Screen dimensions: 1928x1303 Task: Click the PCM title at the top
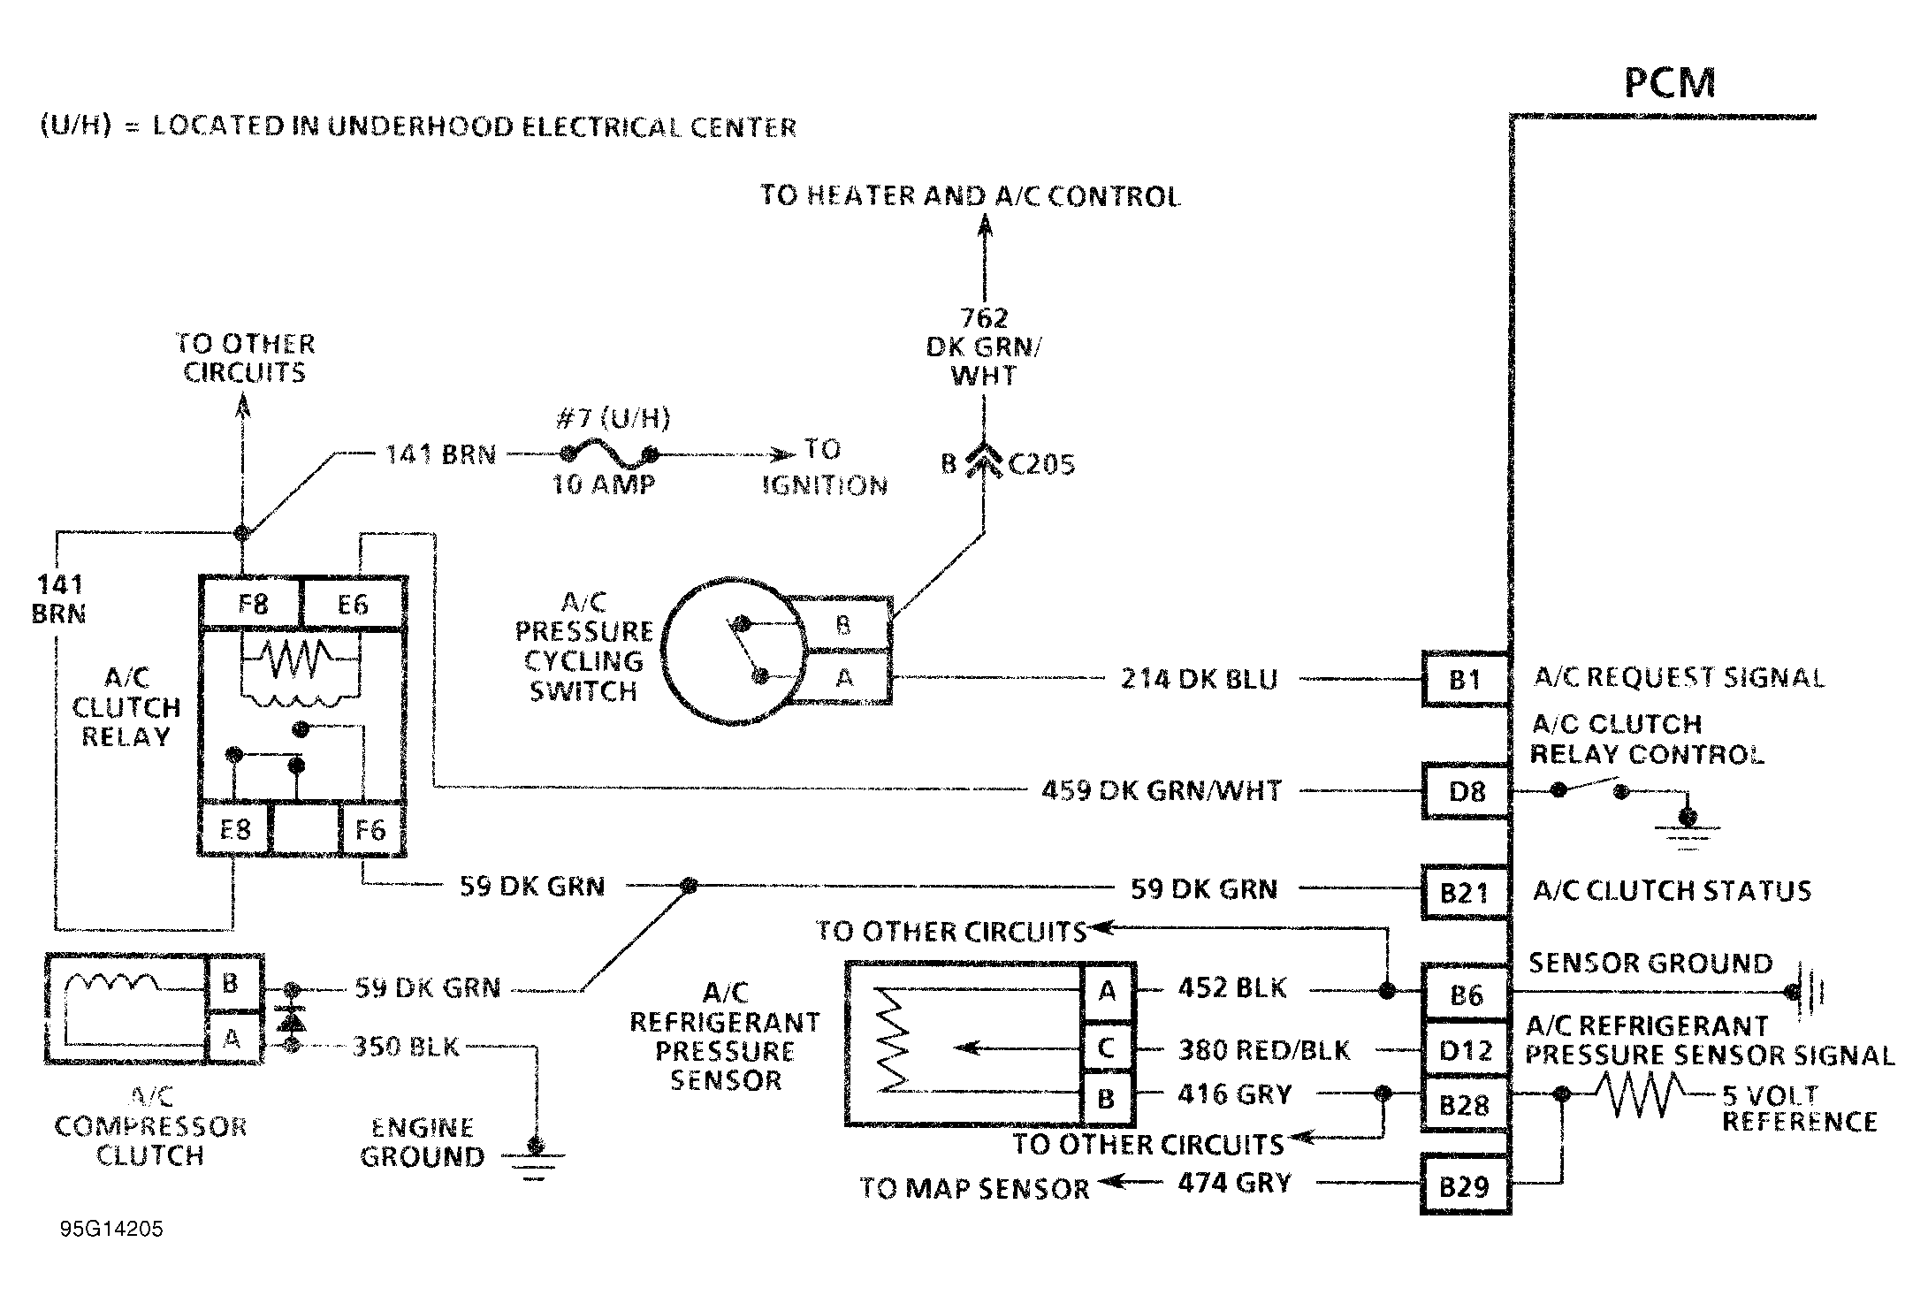pyautogui.click(x=1670, y=82)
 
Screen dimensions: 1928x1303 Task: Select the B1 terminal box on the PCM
pyautogui.click(x=1465, y=679)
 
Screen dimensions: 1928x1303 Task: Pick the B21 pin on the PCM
pyautogui.click(x=1465, y=892)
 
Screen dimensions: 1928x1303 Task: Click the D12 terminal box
pyautogui.click(x=1465, y=1050)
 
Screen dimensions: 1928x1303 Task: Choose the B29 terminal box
pyautogui.click(x=1465, y=1185)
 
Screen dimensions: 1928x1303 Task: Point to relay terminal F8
pyautogui.click(x=252, y=604)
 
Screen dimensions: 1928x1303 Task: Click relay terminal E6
pyautogui.click(x=353, y=604)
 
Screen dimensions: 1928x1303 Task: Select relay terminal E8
pyautogui.click(x=234, y=829)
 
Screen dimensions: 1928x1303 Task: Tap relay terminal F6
pyautogui.click(x=371, y=829)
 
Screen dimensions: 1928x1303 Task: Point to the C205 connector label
pyautogui.click(x=1041, y=464)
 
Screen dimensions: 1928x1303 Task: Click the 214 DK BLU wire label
pyautogui.click(x=1200, y=679)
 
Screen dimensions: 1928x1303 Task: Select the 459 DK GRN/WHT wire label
pyautogui.click(x=1162, y=790)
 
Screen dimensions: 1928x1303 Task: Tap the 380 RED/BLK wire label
pyautogui.click(x=1264, y=1050)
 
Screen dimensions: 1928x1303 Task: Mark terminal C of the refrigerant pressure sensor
pyautogui.click(x=1107, y=1048)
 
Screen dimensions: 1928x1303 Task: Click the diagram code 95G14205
pyautogui.click(x=111, y=1230)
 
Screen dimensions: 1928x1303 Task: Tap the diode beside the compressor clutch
pyautogui.click(x=291, y=1017)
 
